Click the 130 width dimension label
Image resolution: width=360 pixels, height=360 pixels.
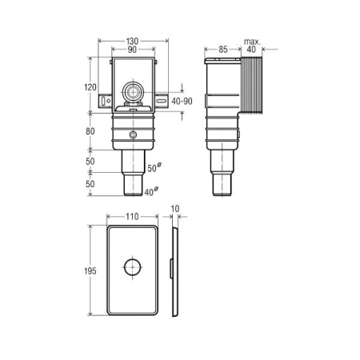click(x=132, y=41)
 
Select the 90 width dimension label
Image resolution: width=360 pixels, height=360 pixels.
click(x=132, y=50)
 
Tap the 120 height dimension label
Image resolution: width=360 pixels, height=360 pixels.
click(x=90, y=87)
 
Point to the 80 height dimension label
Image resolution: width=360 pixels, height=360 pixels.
click(x=90, y=131)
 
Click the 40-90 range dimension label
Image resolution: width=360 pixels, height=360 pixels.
click(x=182, y=101)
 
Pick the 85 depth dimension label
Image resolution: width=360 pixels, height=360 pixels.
click(x=223, y=50)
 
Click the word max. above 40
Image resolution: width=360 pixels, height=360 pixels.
click(x=252, y=42)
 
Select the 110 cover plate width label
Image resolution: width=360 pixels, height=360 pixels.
click(x=132, y=217)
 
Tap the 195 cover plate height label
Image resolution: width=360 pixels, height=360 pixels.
click(x=90, y=271)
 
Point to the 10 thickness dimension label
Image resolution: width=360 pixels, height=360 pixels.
click(x=175, y=209)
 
